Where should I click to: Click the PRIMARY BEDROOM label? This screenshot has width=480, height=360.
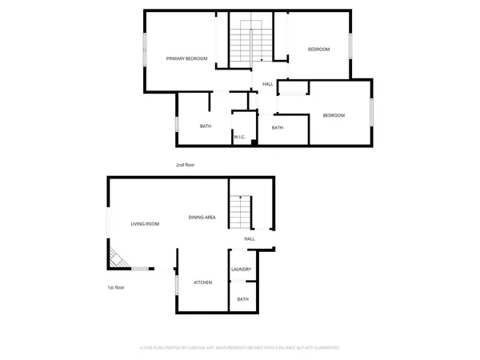(186, 58)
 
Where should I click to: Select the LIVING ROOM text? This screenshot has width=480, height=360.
(145, 224)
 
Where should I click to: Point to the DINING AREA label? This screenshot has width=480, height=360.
(202, 218)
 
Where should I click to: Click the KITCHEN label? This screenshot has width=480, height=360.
(202, 282)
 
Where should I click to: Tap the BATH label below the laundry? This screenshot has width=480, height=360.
(243, 299)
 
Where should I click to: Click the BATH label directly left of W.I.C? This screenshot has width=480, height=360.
(206, 126)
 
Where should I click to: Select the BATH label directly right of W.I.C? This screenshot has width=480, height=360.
(277, 128)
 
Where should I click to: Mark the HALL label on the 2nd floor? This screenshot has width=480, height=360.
(267, 84)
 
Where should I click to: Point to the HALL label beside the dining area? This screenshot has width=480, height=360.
(250, 238)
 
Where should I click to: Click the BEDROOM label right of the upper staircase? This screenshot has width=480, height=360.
(318, 50)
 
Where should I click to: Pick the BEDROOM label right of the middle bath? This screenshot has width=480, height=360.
(334, 116)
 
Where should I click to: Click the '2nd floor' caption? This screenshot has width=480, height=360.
(185, 165)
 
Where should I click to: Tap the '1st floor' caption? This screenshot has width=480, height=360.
(117, 287)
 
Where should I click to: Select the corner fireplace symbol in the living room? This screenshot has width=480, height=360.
(118, 258)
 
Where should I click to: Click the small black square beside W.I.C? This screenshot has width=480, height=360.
(253, 142)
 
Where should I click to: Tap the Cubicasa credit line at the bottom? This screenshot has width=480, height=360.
(240, 348)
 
